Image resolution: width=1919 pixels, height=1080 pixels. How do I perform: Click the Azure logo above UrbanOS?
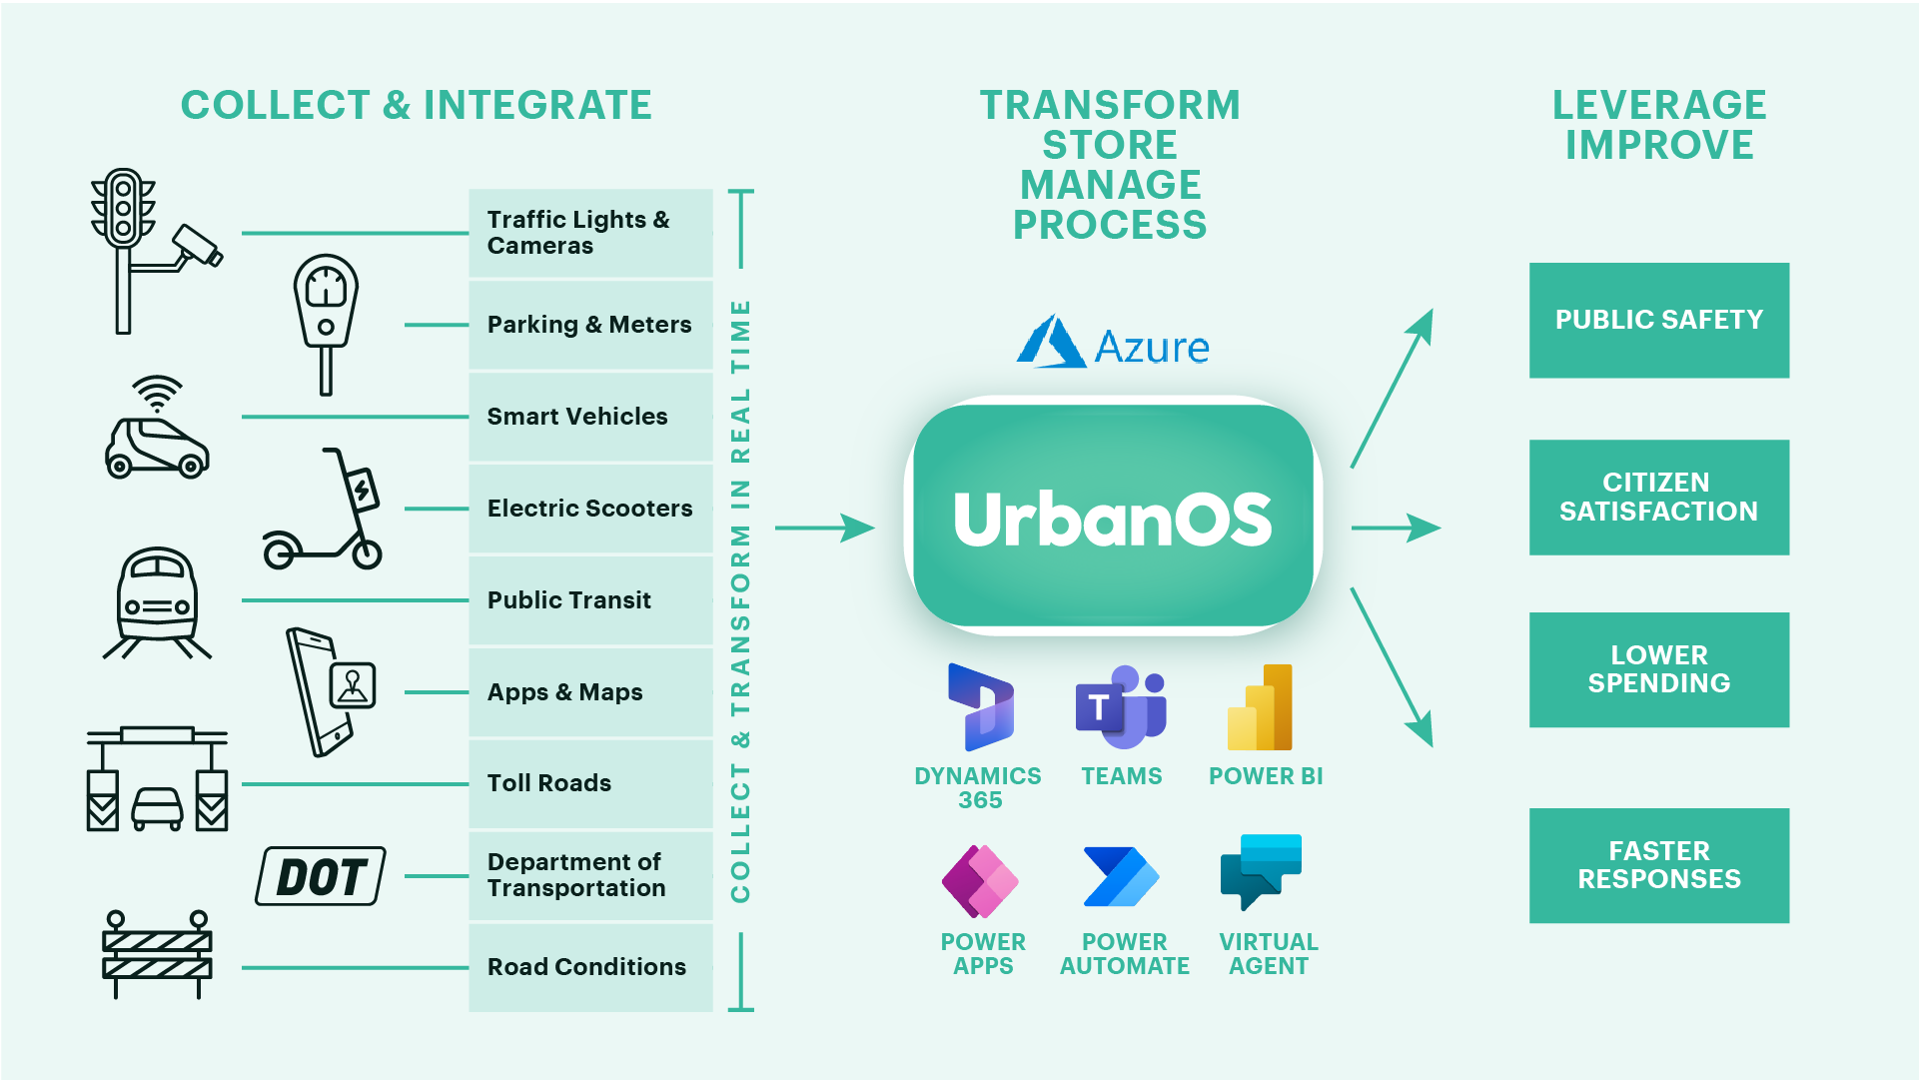point(1112,343)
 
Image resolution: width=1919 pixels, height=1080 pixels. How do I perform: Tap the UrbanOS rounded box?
point(1112,517)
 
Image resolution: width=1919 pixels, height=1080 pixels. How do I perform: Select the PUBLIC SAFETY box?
point(1658,320)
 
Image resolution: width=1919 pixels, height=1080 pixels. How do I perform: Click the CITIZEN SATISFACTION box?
point(1658,497)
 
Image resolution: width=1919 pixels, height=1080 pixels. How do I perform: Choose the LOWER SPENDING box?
point(1658,669)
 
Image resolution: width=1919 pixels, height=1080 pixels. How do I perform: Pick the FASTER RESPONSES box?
point(1658,865)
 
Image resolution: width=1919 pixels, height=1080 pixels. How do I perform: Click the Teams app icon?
point(1121,707)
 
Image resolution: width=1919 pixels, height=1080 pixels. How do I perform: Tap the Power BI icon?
point(1261,707)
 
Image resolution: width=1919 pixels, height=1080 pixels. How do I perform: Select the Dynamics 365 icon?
point(980,707)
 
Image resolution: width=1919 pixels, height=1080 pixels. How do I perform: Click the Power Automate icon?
point(1121,877)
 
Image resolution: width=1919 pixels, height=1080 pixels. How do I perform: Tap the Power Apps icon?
point(980,881)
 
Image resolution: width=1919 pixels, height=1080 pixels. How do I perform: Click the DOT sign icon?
point(321,876)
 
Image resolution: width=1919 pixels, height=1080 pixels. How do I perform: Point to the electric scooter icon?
point(324,512)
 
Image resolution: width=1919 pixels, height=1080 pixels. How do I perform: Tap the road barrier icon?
point(157,953)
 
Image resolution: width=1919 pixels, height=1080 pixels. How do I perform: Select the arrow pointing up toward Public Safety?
point(1393,388)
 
